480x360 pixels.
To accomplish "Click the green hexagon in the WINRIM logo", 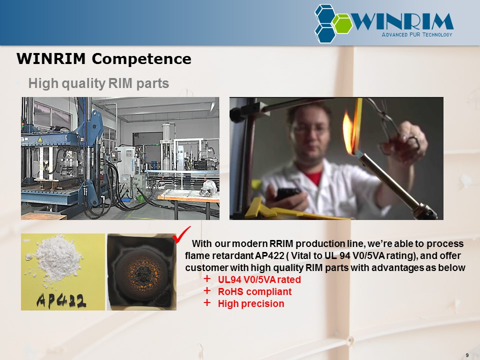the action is pyautogui.click(x=342, y=23).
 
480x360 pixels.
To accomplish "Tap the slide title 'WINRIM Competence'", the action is pyautogui.click(x=104, y=59).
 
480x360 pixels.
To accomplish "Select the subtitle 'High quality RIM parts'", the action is pyautogui.click(x=98, y=83).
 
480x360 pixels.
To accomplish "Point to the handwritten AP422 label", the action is pyautogui.click(x=61, y=300).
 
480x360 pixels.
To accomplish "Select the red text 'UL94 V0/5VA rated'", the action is pyautogui.click(x=259, y=279).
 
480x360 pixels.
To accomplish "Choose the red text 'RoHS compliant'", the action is pyautogui.click(x=254, y=291).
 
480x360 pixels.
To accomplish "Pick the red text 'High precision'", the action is pyautogui.click(x=251, y=303).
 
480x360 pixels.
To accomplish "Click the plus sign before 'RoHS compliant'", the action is pyautogui.click(x=207, y=290).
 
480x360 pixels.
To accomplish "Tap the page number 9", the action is pyautogui.click(x=467, y=355).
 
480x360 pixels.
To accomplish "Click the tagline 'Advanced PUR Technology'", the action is pyautogui.click(x=417, y=34).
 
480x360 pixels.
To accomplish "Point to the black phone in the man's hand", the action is pyautogui.click(x=288, y=194).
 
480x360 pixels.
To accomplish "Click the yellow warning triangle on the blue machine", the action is pyautogui.click(x=40, y=139).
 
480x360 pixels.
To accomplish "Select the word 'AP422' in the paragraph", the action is pyautogui.click(x=269, y=255).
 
